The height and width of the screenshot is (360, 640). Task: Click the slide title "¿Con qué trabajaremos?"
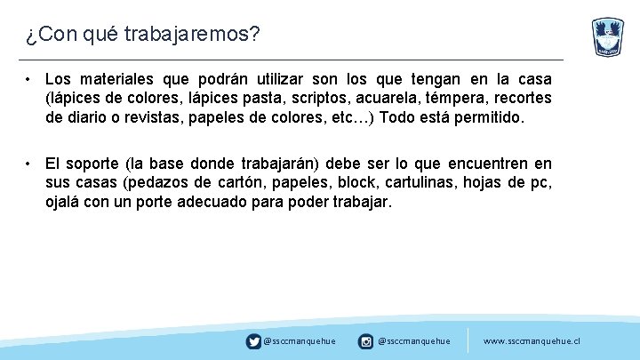coord(142,34)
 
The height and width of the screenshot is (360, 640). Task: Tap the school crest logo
coord(608,37)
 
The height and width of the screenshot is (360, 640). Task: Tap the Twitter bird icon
coord(254,340)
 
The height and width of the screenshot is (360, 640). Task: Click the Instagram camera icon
coord(365,340)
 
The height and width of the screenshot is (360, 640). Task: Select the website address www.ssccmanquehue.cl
coord(531,340)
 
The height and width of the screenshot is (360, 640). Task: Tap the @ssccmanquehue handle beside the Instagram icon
coord(413,340)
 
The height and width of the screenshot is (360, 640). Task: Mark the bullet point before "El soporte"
coord(29,164)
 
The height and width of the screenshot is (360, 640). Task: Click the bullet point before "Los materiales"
coord(29,79)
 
